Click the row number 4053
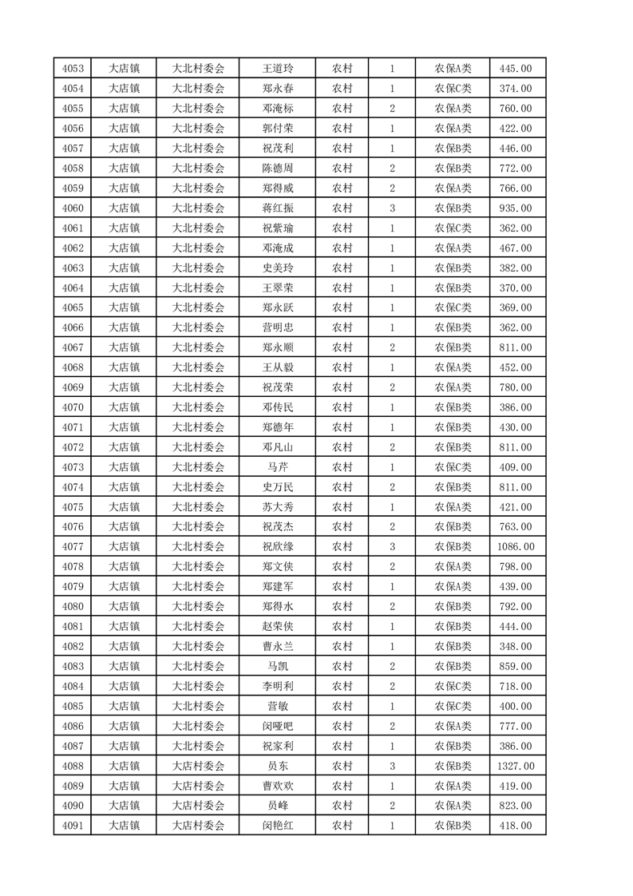72,69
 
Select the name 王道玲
277,69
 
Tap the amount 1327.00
517,766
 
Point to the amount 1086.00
517,547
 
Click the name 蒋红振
277,208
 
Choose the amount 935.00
517,208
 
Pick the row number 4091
72,826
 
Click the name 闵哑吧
277,726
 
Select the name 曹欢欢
277,786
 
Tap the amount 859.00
517,666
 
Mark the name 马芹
277,467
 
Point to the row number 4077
72,547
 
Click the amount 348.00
517,646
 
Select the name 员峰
277,806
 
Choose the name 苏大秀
277,507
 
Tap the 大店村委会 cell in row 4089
199,786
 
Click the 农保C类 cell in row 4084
453,686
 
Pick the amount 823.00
517,806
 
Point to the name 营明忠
277,327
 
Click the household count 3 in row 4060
392,208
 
